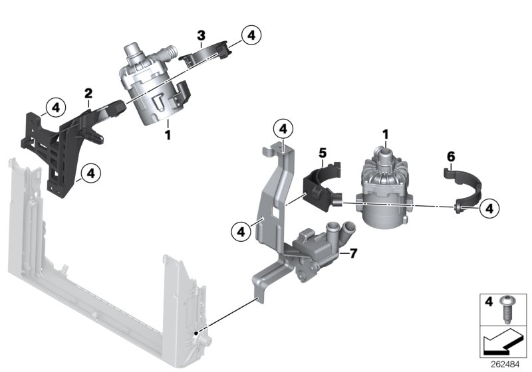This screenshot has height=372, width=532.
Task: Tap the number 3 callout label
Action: tap(201, 34)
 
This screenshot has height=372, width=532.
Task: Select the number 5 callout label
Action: tap(322, 152)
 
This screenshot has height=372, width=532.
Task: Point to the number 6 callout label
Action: tap(450, 157)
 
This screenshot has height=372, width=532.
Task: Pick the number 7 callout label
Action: tap(353, 254)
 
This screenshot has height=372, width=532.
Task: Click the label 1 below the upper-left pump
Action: tap(168, 135)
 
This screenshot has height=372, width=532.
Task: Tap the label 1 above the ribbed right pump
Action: tap(384, 136)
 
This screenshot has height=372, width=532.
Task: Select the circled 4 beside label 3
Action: tap(251, 35)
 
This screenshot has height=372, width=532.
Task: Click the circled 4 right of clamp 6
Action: tap(489, 208)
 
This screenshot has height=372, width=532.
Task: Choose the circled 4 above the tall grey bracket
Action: tap(283, 128)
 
